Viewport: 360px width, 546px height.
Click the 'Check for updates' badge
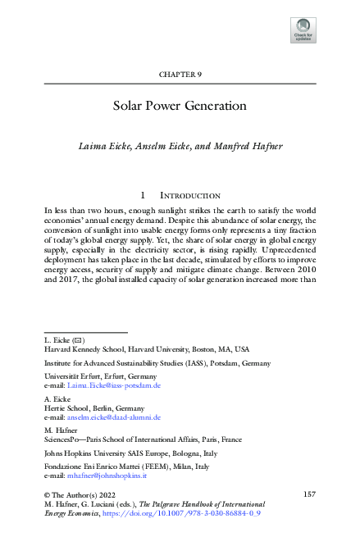pos(303,30)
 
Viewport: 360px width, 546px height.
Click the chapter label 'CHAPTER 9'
pos(180,75)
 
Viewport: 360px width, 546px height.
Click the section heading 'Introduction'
pos(189,196)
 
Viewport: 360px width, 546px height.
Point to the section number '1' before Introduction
pos(144,196)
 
